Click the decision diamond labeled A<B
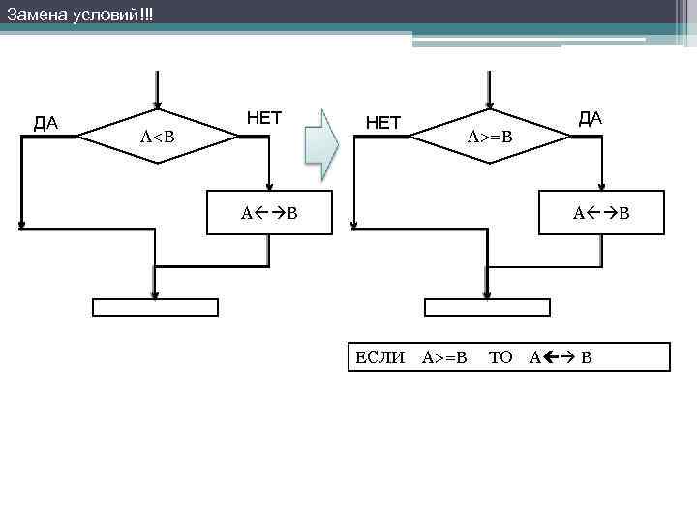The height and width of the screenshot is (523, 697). [x=158, y=137]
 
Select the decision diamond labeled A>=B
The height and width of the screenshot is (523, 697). [x=490, y=137]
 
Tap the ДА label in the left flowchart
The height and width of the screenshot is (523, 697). [x=45, y=123]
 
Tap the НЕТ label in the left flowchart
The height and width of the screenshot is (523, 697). [x=264, y=119]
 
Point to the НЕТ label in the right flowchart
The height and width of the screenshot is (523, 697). [x=382, y=123]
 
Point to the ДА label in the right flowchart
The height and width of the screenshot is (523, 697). [x=591, y=118]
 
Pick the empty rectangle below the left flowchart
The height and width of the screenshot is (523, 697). [x=155, y=308]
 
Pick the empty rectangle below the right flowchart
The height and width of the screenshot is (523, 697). [x=488, y=308]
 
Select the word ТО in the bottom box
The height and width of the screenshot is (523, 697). [x=500, y=357]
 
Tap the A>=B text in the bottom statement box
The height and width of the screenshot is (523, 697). [x=444, y=357]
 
